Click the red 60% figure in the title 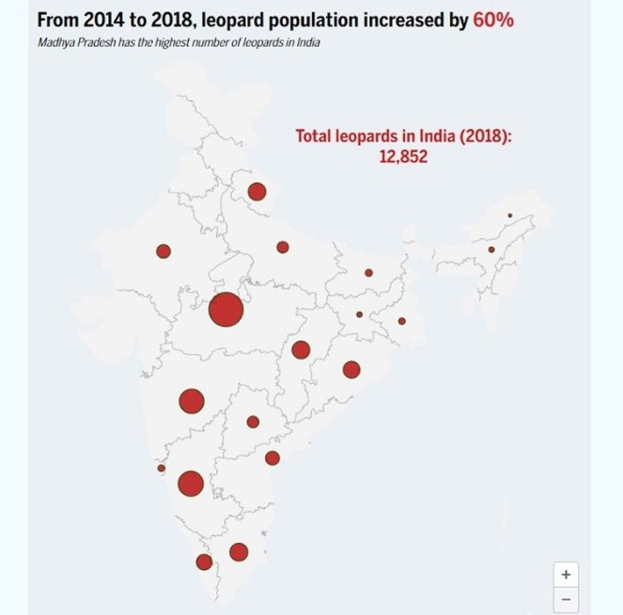[x=493, y=20]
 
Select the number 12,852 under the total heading [x=403, y=157]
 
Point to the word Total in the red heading [x=316, y=136]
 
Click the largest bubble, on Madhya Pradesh [x=226, y=309]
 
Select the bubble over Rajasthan [x=164, y=251]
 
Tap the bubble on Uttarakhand [x=257, y=192]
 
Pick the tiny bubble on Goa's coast [x=162, y=468]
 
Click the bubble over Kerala [x=204, y=561]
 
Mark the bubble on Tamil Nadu [x=239, y=551]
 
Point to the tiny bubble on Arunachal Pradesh [x=510, y=215]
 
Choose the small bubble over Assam [x=491, y=249]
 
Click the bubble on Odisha [x=351, y=369]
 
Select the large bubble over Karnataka [x=191, y=484]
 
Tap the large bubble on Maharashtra [x=192, y=401]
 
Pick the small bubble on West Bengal [x=401, y=321]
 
